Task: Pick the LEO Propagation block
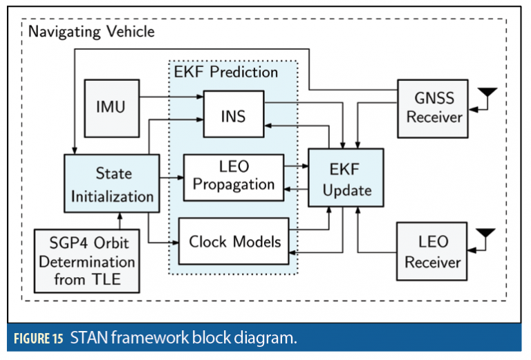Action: [x=234, y=176]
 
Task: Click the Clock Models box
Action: [x=234, y=241]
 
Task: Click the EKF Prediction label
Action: [x=225, y=72]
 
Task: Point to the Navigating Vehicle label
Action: [x=91, y=32]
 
